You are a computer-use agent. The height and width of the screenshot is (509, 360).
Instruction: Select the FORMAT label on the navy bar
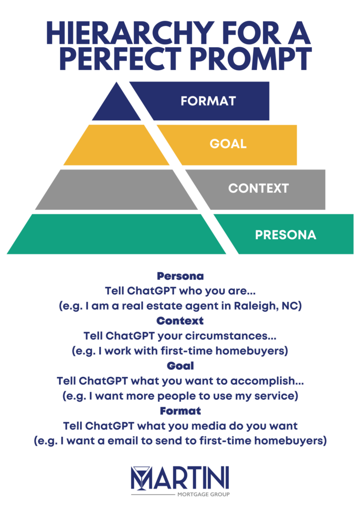tap(208, 101)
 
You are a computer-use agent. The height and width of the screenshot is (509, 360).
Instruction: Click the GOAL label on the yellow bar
tap(228, 144)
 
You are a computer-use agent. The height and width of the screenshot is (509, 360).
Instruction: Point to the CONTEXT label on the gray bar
tap(259, 188)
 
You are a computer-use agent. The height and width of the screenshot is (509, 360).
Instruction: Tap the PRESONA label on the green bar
tap(285, 235)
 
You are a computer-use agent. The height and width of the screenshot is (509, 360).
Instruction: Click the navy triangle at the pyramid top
tap(116, 104)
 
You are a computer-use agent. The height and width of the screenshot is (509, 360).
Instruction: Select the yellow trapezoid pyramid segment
tap(116, 145)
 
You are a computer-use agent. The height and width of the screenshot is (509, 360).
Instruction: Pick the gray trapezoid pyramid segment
tap(116, 189)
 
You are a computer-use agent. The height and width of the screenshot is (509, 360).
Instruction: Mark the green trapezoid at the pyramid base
tap(116, 234)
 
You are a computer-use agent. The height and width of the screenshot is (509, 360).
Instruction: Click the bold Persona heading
tap(180, 276)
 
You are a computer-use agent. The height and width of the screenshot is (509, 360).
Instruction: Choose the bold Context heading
tap(180, 321)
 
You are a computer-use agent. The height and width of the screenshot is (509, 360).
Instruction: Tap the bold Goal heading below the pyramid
tap(180, 366)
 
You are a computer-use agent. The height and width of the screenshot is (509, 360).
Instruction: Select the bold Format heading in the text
tap(180, 411)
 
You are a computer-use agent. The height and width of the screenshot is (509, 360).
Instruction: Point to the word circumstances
tap(231, 336)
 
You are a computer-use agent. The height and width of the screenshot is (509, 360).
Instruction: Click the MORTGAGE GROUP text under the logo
tap(203, 495)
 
